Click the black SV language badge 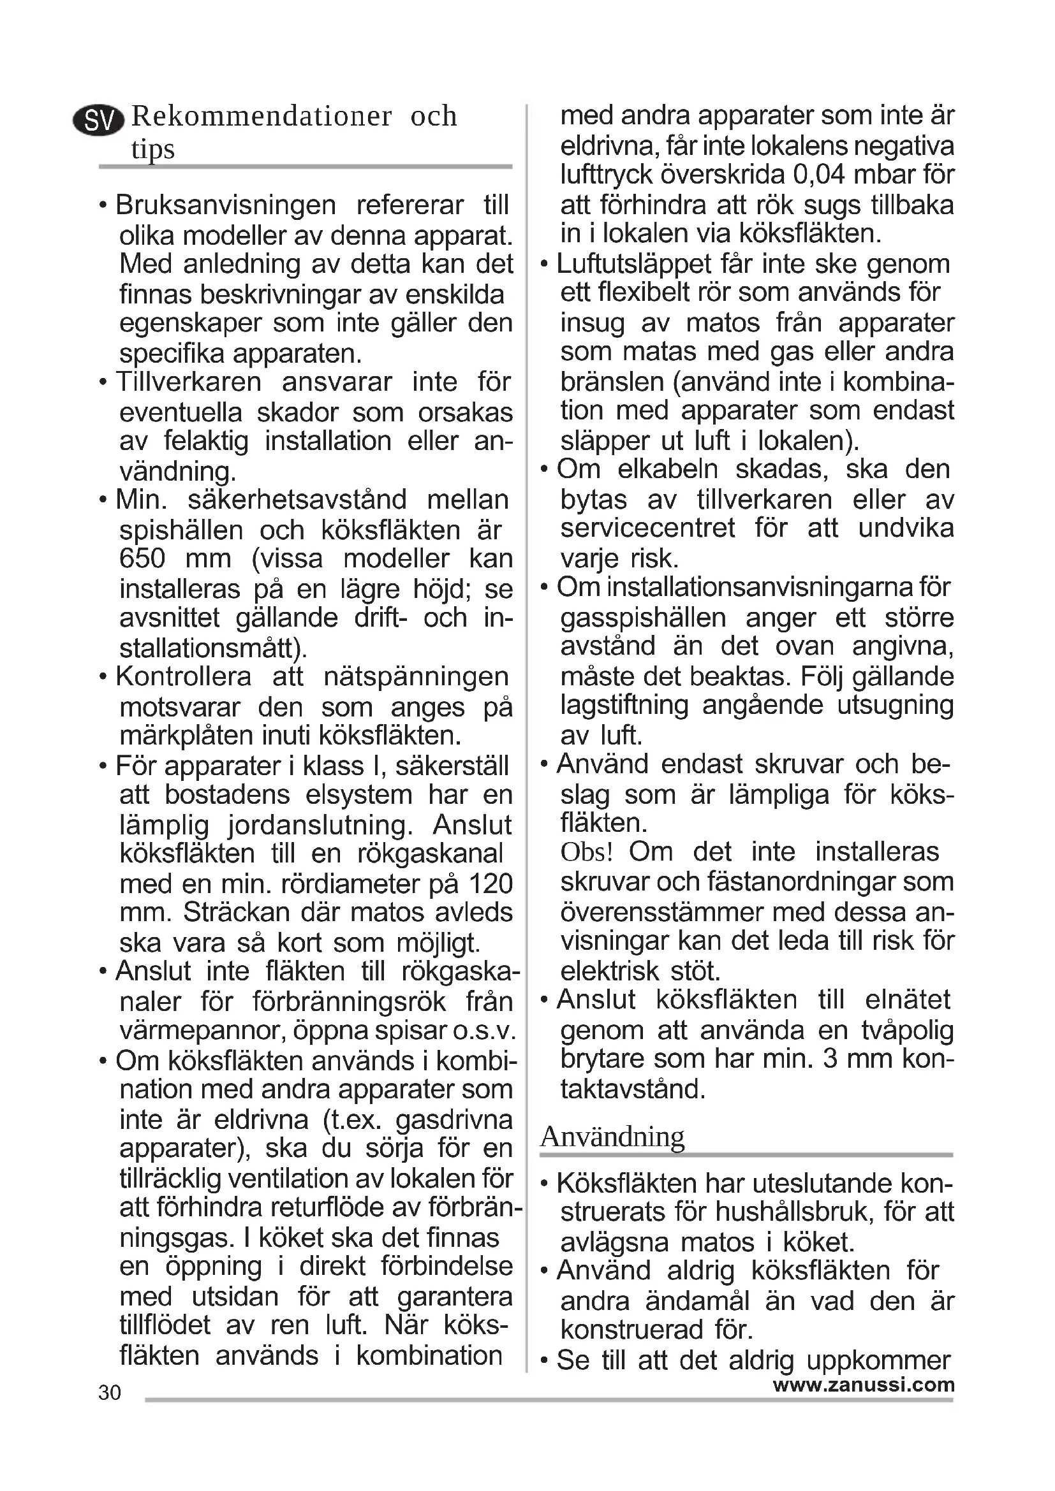tap(99, 120)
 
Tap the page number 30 tap(110, 1392)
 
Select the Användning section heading tap(612, 1137)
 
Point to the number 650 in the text tap(142, 558)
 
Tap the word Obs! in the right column tap(587, 852)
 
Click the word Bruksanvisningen tap(225, 205)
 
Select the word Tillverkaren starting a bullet tap(188, 382)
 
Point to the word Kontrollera tap(183, 677)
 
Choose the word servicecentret tap(647, 528)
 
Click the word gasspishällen tap(643, 617)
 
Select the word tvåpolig tap(907, 1030)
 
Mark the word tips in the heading tap(152, 149)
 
